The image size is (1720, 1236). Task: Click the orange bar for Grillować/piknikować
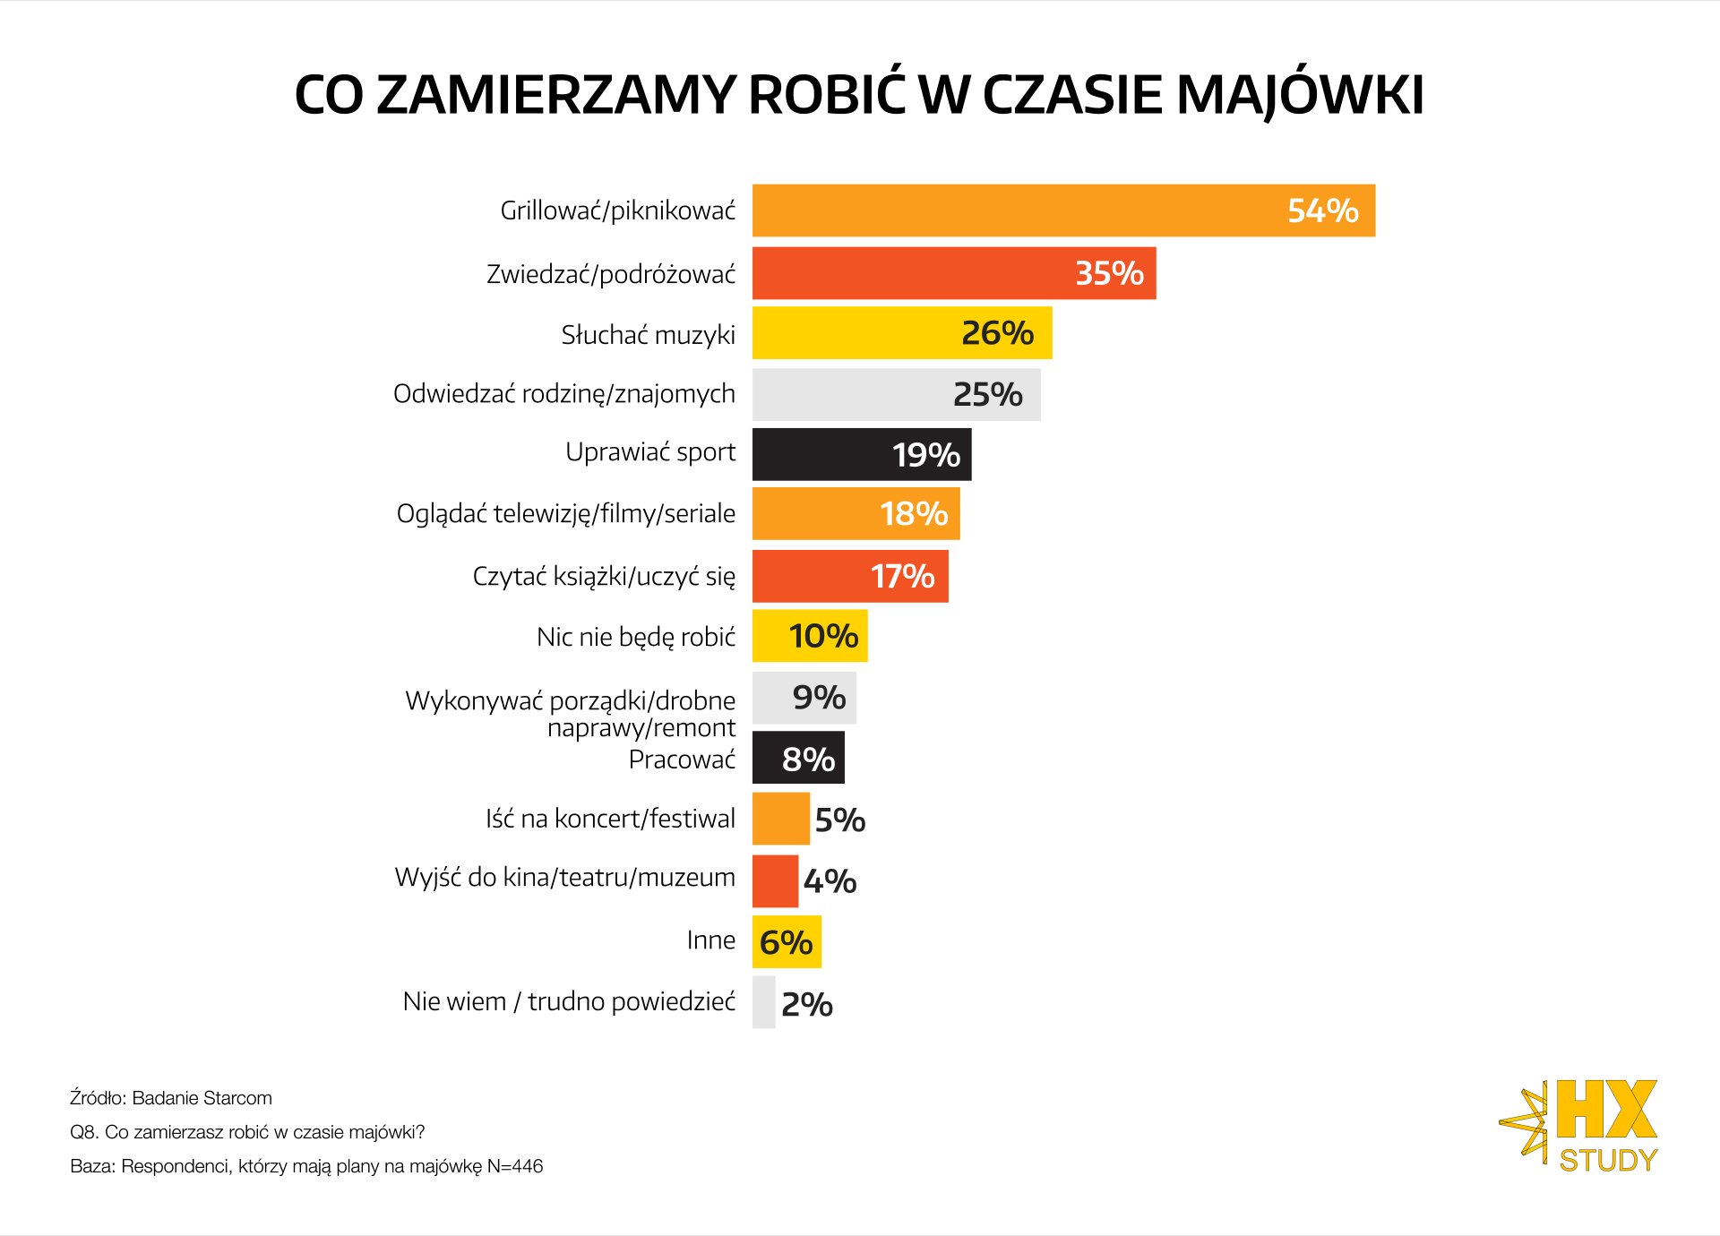[1012, 210]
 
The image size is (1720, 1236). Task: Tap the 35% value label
[1109, 273]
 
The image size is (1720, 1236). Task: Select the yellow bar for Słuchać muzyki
[851, 333]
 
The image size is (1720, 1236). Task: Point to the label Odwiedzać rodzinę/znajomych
[564, 394]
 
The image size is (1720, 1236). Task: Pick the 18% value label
[914, 514]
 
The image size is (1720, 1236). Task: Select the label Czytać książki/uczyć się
[604, 576]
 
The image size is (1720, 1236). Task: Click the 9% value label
[819, 697]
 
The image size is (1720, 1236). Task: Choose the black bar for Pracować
[767, 758]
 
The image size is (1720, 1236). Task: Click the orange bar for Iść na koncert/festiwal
[780, 819]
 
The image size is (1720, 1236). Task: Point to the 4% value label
[830, 881]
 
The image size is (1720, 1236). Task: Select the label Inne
[710, 940]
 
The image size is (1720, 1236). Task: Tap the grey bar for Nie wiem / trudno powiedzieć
[763, 1002]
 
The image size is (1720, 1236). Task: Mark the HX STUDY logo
[1581, 1126]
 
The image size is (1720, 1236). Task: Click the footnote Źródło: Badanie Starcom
[171, 1098]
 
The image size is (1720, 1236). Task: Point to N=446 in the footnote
[515, 1166]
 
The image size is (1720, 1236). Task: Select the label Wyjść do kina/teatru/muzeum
[564, 878]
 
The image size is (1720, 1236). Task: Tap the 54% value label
[1322, 210]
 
